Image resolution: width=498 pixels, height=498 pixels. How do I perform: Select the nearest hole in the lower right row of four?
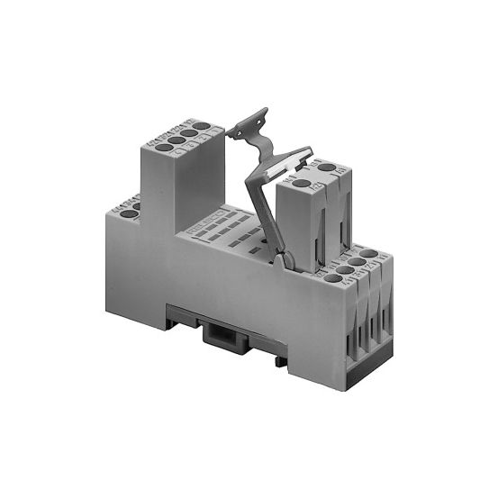[333, 278]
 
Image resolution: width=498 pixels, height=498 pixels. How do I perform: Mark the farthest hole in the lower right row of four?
[368, 254]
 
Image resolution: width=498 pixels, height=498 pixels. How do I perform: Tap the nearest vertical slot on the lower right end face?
[352, 324]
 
